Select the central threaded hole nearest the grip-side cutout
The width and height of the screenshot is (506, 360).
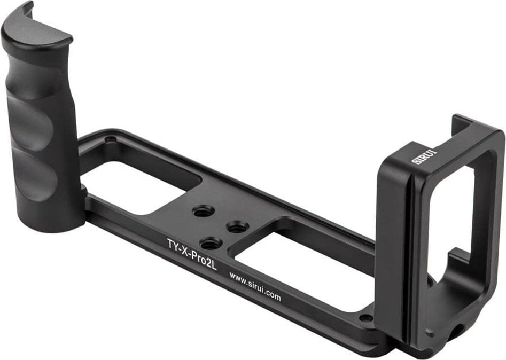pyautogui.click(x=202, y=211)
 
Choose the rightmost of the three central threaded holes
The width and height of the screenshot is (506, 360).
pyautogui.click(x=238, y=226)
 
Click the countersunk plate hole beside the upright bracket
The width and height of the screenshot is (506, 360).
pyautogui.click(x=366, y=318)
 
